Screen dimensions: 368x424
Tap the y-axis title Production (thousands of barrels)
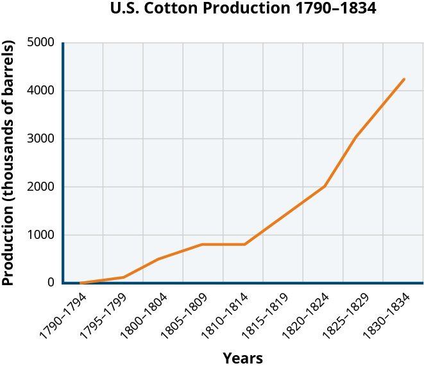8,164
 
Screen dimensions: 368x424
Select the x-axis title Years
242,358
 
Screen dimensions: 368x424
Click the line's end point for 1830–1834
405,80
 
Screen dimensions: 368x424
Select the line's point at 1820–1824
325,186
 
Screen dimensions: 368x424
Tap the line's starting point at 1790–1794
81,283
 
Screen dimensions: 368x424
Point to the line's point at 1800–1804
158,259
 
